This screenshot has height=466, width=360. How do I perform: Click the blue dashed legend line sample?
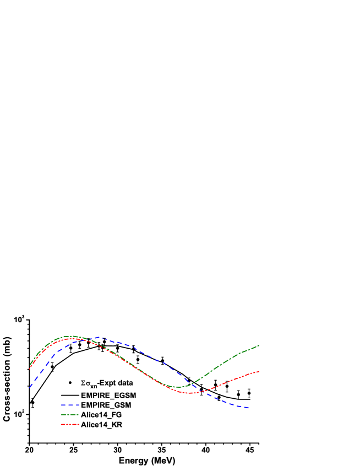click(x=70, y=405)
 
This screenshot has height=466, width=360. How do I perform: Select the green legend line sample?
click(x=70, y=415)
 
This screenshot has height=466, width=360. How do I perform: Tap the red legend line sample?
click(x=70, y=425)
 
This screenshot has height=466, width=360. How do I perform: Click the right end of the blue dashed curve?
click(x=249, y=408)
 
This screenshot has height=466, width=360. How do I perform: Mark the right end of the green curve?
click(x=259, y=345)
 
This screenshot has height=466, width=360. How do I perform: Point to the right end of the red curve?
click(x=259, y=371)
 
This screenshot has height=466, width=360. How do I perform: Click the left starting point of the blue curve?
click(x=30, y=388)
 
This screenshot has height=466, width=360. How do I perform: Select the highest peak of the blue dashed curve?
click(x=98, y=337)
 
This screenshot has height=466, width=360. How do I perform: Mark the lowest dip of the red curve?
click(x=188, y=393)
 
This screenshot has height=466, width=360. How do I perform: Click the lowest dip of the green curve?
click(x=177, y=387)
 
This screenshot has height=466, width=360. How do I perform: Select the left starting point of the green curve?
click(x=30, y=366)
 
